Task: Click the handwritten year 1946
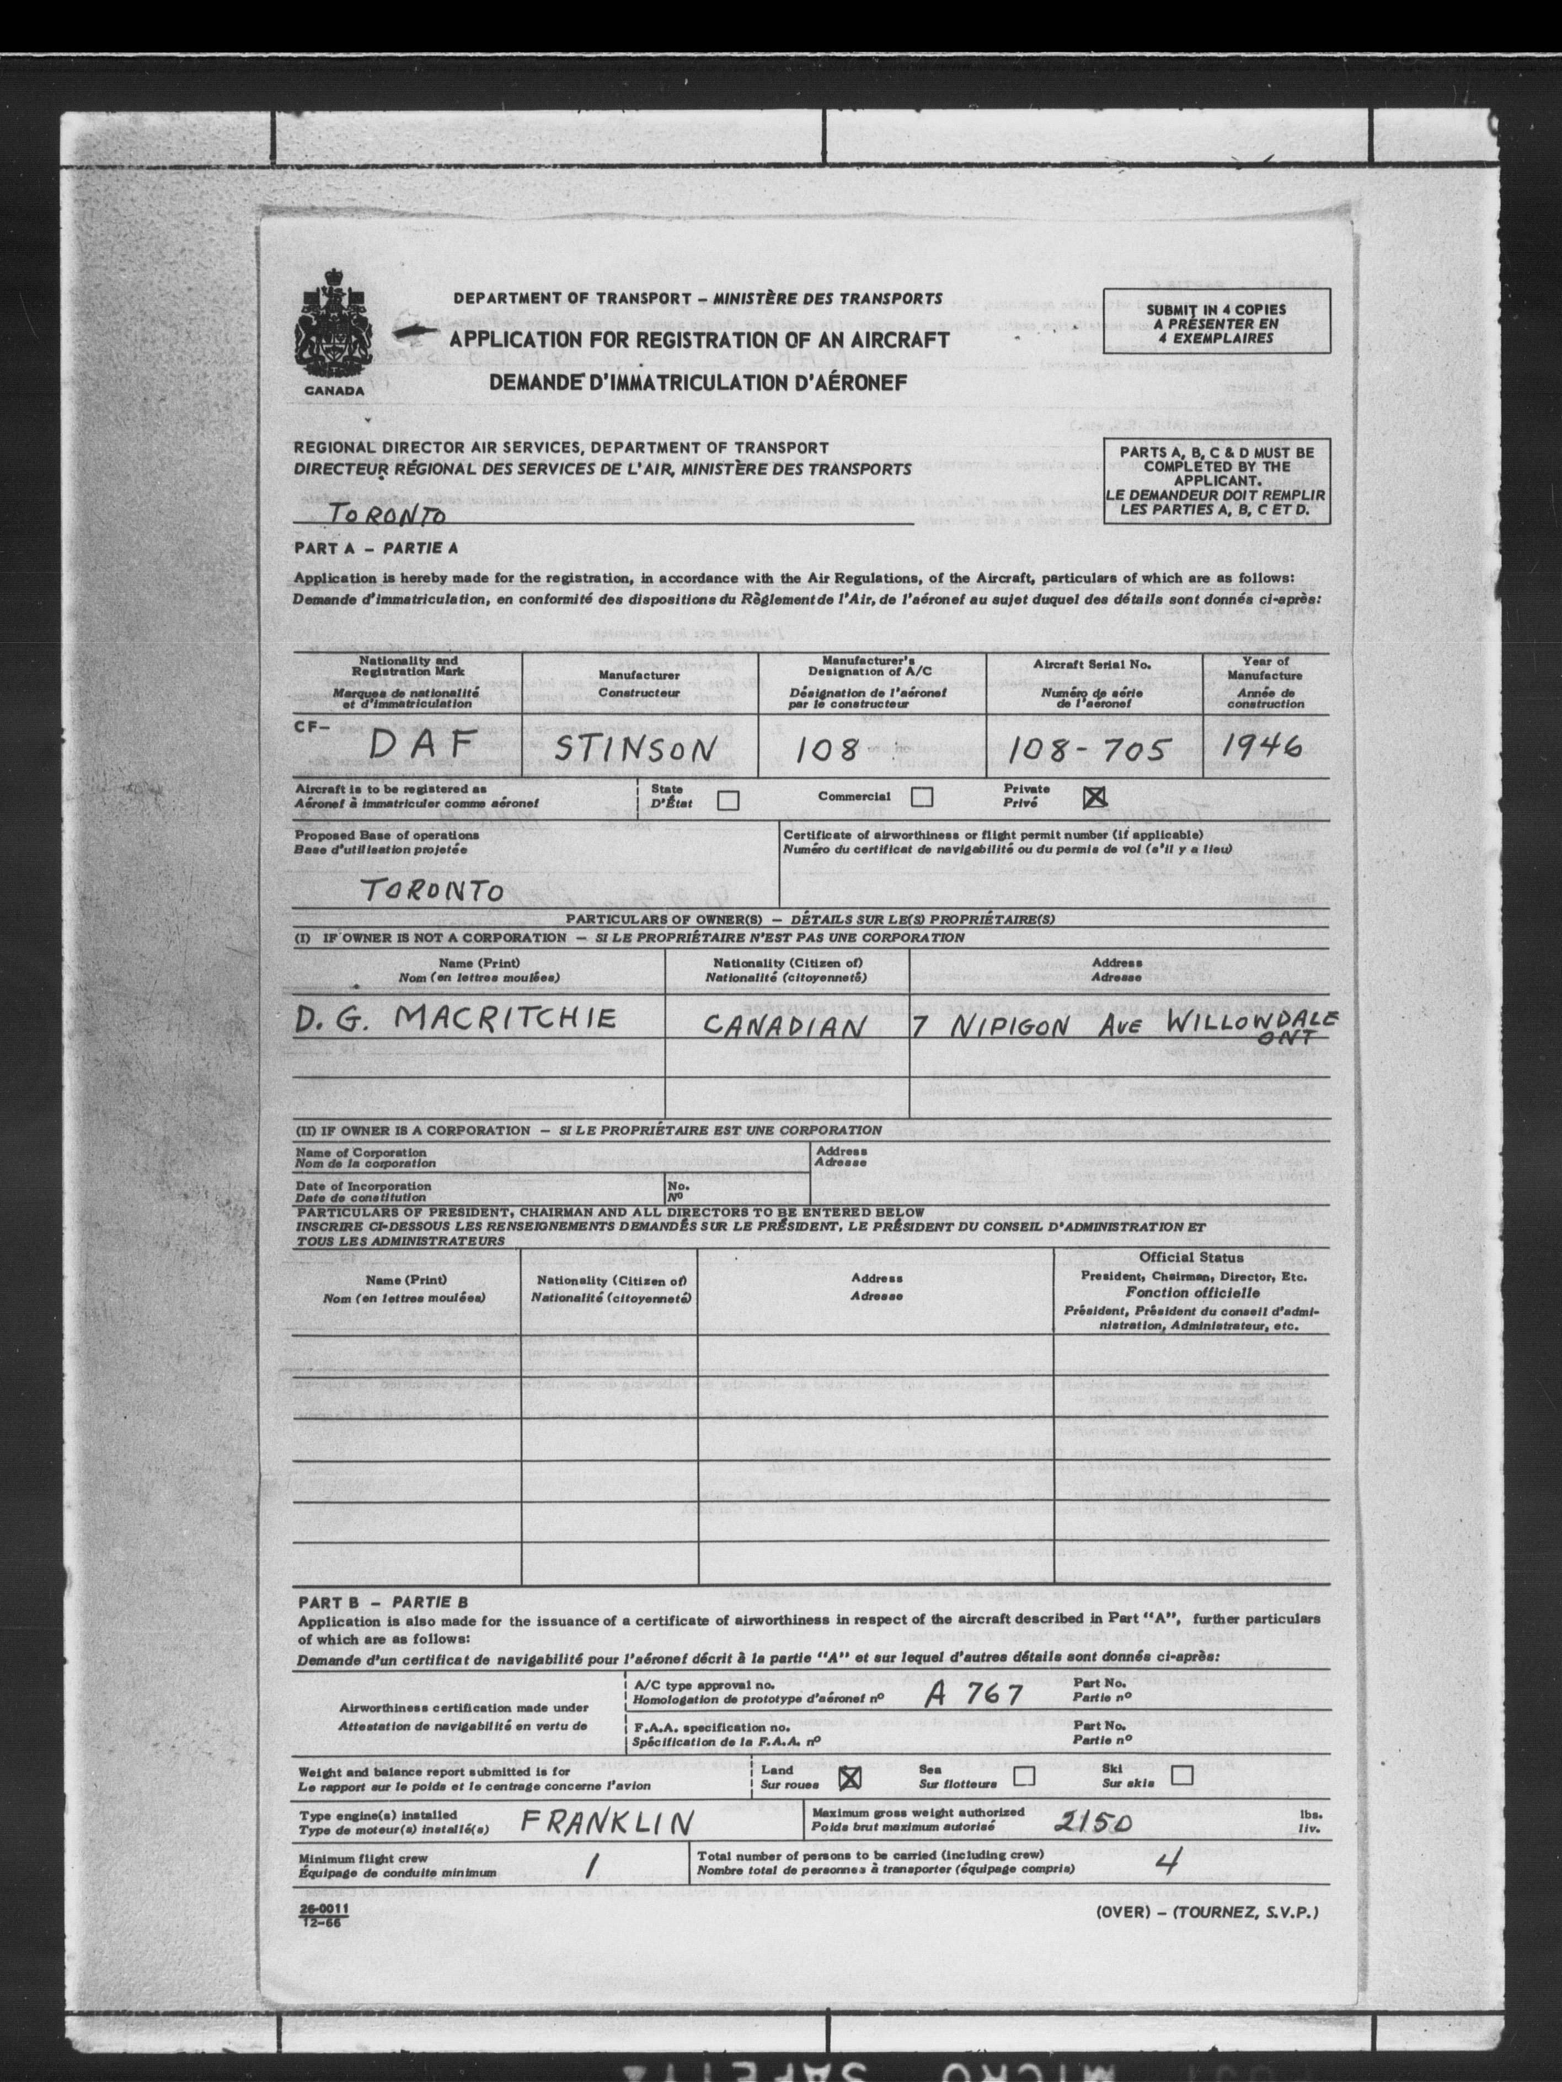click(1259, 747)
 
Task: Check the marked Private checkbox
click(1094, 798)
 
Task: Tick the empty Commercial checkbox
click(922, 797)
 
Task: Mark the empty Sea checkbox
click(1024, 1776)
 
